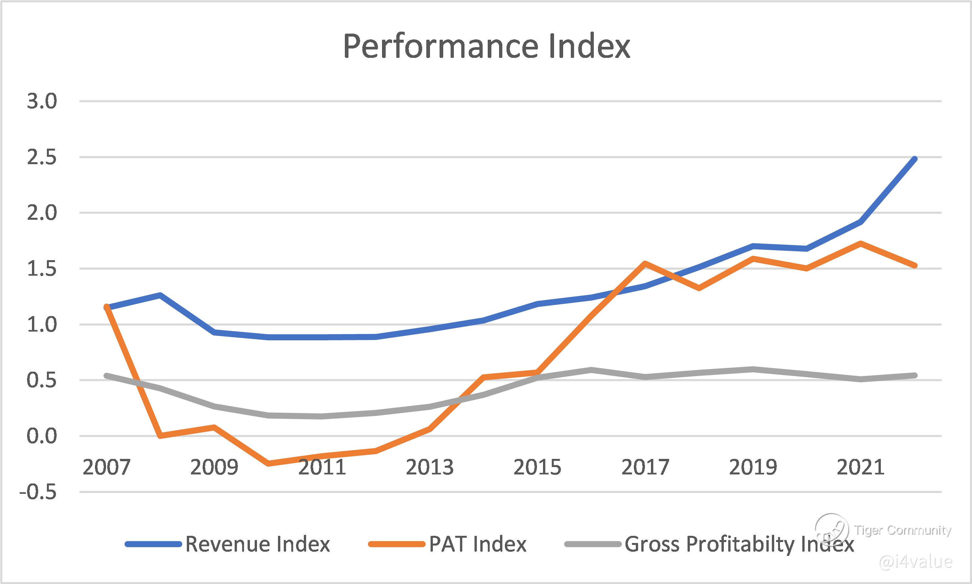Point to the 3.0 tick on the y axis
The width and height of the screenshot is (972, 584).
point(42,101)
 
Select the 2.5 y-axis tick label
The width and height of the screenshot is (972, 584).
point(42,157)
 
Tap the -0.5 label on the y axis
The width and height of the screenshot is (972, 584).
point(38,492)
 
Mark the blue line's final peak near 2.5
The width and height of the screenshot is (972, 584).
point(914,159)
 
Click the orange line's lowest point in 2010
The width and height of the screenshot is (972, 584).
point(268,463)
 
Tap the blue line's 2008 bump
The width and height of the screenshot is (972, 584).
point(160,295)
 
